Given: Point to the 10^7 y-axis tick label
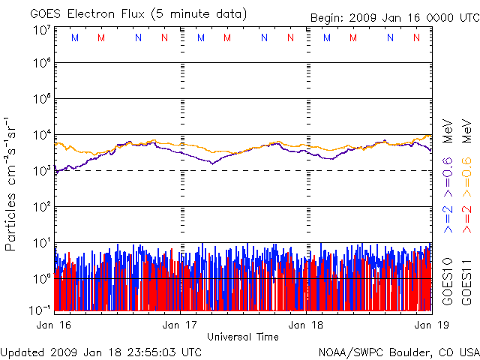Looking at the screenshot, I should [x=41, y=30].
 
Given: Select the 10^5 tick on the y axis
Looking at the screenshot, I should [x=41, y=99].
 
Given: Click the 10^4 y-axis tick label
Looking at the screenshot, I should [x=41, y=135].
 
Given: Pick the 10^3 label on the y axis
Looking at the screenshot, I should [x=41, y=170].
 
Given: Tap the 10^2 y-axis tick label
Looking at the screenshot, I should [x=41, y=206].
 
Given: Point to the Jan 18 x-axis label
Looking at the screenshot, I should [x=307, y=325].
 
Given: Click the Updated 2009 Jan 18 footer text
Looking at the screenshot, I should [x=101, y=351].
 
